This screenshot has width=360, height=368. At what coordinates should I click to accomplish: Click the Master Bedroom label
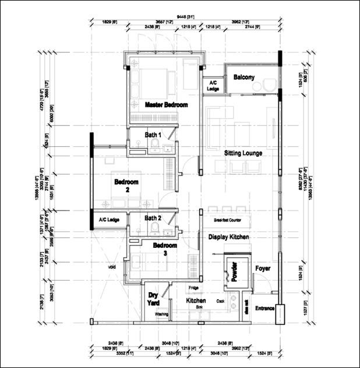pos(167,105)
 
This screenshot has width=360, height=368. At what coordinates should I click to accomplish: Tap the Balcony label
pos(244,78)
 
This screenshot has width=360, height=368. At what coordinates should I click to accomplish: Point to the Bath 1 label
pos(153,135)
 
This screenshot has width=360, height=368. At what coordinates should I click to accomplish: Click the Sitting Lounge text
pos(243,153)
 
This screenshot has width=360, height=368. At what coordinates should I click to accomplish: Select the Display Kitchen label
pos(229,237)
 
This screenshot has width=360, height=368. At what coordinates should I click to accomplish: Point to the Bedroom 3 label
pos(165,250)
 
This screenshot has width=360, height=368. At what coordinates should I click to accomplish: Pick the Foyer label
pos(263,268)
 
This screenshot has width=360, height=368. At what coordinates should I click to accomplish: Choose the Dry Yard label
pos(153,299)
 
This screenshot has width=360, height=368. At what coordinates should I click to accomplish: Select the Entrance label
pos(265,308)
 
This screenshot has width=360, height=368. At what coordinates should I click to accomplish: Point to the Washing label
pos(161,314)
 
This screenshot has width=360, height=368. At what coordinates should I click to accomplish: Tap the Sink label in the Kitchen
pos(199,306)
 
